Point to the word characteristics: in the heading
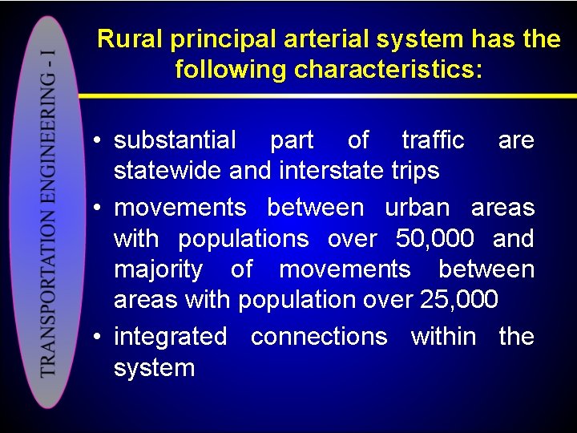(x=389, y=70)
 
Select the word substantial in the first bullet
(x=175, y=140)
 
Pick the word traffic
(x=433, y=140)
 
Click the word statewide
(x=168, y=171)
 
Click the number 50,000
(x=434, y=239)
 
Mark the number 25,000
(x=458, y=300)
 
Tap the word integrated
(x=170, y=337)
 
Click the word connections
(x=319, y=337)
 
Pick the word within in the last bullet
(x=442, y=337)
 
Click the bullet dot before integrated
(x=95, y=338)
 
